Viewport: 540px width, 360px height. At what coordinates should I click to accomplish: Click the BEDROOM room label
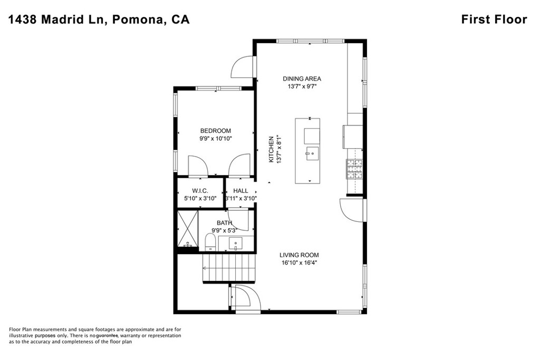pyautogui.click(x=216, y=131)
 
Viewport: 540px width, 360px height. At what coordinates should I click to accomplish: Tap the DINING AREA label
pyautogui.click(x=302, y=79)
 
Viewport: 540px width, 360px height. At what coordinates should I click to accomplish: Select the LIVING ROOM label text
pyautogui.click(x=299, y=255)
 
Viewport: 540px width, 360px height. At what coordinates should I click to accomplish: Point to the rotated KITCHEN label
pyautogui.click(x=271, y=149)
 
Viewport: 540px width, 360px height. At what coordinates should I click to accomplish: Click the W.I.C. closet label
pyautogui.click(x=200, y=191)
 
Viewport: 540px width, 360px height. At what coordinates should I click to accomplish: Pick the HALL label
pyautogui.click(x=240, y=191)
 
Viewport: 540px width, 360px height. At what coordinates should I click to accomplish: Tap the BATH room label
pyautogui.click(x=225, y=223)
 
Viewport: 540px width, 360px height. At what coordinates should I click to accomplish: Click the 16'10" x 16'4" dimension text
pyautogui.click(x=299, y=263)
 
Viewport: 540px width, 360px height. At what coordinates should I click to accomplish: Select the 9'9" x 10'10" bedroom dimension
pyautogui.click(x=216, y=139)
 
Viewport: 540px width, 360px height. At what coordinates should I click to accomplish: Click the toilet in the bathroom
pyautogui.click(x=210, y=242)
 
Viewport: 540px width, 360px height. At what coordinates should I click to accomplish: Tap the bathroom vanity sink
pyautogui.click(x=236, y=244)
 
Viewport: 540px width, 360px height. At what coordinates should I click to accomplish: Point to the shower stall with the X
pyautogui.click(x=188, y=229)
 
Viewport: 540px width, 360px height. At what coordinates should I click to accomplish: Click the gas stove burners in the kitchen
pyautogui.click(x=355, y=169)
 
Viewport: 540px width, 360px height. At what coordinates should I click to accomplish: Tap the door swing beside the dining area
pyautogui.click(x=244, y=67)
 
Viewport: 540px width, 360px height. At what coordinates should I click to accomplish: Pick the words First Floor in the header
pyautogui.click(x=494, y=20)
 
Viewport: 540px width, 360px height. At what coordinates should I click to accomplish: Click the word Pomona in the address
pyautogui.click(x=138, y=20)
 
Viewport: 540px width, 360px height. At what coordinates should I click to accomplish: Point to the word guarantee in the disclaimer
pyautogui.click(x=107, y=336)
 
